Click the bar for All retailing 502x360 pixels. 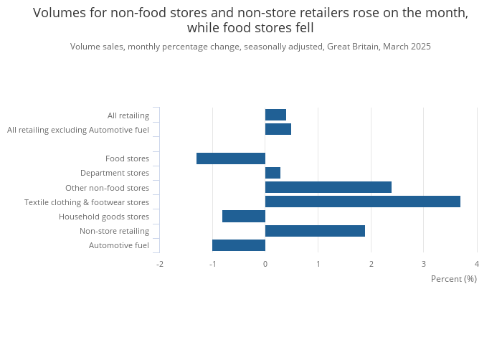point(275,115)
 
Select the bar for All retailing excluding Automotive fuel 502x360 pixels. point(278,129)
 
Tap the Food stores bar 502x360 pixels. point(231,158)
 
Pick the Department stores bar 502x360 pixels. point(273,173)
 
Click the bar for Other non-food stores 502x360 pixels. point(328,187)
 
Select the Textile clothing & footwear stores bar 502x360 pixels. point(363,202)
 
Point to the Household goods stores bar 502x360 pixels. point(244,217)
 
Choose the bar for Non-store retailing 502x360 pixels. point(315,231)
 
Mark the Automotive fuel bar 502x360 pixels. point(239,245)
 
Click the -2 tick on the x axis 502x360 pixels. point(160,264)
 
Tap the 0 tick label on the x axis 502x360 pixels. point(265,264)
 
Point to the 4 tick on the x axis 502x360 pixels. point(476,264)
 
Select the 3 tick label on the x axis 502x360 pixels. point(424,264)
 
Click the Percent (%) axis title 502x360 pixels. point(453,279)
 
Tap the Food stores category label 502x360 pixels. point(127,158)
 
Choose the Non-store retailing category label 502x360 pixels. point(114,231)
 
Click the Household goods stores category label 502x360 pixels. point(104,217)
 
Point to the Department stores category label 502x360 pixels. point(115,173)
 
